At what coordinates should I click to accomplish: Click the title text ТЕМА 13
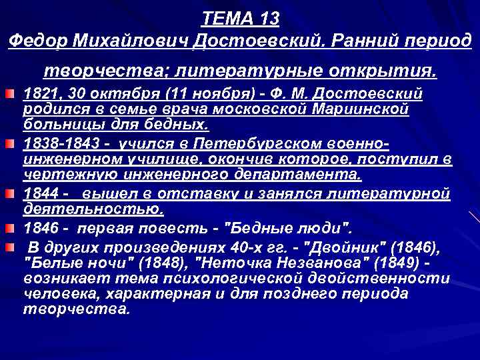tap(241, 17)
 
